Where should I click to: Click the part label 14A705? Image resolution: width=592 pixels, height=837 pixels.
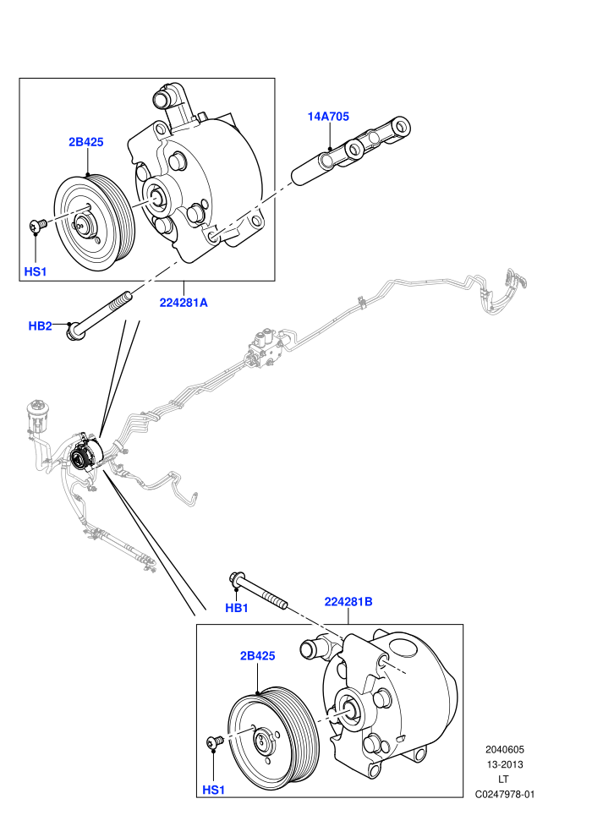point(328,116)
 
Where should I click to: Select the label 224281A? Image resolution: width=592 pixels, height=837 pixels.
point(184,303)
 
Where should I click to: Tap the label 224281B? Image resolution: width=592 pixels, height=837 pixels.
point(348,602)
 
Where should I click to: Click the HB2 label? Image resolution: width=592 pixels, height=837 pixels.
point(40,325)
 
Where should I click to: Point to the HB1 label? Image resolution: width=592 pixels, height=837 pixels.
point(237,608)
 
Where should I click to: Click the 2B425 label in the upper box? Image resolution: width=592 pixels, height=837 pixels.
point(86,142)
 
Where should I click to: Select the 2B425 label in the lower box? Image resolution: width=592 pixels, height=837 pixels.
point(257,655)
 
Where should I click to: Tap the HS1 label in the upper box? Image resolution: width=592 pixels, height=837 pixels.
point(36,271)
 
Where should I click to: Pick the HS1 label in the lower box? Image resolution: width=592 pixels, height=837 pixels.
point(213,790)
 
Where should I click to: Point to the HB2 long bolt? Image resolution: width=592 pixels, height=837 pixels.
point(99,315)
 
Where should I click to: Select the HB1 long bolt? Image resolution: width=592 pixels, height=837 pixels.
point(259,590)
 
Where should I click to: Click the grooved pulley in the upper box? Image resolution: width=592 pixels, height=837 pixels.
point(95,223)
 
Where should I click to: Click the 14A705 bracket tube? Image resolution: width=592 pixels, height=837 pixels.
point(351,153)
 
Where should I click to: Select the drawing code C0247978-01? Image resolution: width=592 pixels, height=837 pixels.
point(505,794)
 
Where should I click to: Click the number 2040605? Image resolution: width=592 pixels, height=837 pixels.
point(505,749)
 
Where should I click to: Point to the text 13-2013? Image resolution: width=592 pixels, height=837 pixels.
point(505,764)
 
